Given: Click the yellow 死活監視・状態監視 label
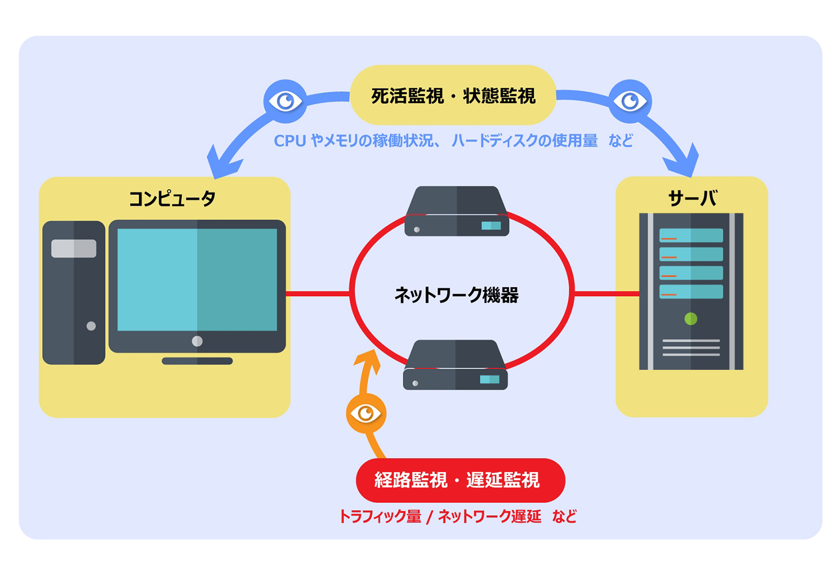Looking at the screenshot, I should pos(453,95).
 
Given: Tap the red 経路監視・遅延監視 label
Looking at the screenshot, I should pos(460,480).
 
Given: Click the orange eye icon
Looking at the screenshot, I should pos(366,413).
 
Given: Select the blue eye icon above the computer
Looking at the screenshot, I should pos(285,102).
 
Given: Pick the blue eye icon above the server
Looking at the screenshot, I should pos(630,102).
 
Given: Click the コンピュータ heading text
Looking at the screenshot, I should pos(171,198).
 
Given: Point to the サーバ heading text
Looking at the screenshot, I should pos(692,198).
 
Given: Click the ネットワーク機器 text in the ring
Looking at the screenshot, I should pos(456,295).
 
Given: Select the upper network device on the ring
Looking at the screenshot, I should pos(456,211).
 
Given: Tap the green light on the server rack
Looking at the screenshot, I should pos(691,318).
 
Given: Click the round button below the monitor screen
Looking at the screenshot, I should pos(197,341).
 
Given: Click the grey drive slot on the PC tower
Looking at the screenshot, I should pos(74,248).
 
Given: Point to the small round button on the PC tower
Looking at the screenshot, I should pos(91,326).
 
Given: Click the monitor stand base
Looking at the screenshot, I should pos(197,361).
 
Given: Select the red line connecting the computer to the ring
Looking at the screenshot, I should pos(317,294).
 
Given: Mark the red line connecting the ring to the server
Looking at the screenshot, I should pos(606,294).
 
